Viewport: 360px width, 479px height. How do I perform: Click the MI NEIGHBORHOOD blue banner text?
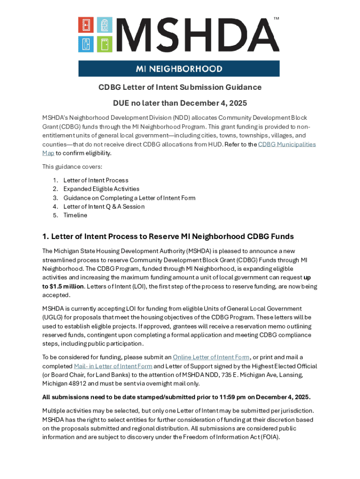click(x=179, y=69)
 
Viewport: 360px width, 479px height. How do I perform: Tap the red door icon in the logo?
click(x=85, y=25)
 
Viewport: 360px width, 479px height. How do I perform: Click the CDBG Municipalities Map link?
click(x=287, y=145)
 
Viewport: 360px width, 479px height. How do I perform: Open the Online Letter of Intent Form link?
click(x=211, y=357)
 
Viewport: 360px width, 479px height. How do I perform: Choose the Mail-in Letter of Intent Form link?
click(x=113, y=366)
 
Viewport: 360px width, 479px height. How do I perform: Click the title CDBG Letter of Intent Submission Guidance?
click(x=180, y=87)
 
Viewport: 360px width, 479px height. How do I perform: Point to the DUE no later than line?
click(x=180, y=103)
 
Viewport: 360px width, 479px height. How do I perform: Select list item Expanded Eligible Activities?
click(x=101, y=189)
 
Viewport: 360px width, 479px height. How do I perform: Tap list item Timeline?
click(x=75, y=216)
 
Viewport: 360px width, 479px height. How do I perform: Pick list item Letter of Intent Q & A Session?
click(x=104, y=207)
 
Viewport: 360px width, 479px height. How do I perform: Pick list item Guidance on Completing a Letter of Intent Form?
click(x=129, y=198)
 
